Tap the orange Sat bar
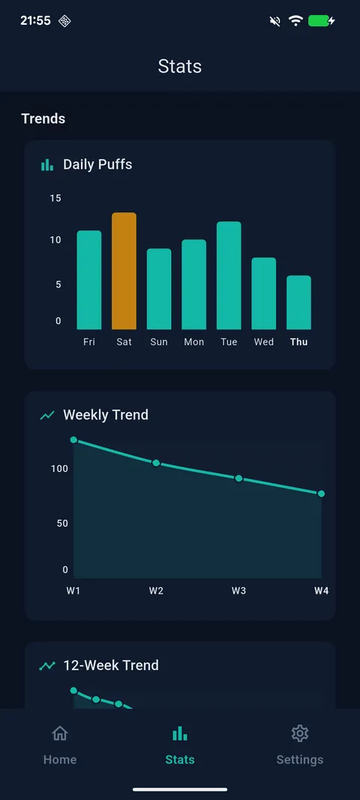(124, 271)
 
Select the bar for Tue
(229, 275)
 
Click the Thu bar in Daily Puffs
(298, 302)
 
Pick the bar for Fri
(89, 280)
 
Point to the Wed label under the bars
(264, 342)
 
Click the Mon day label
(193, 342)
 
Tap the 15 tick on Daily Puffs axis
(55, 198)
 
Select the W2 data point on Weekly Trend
(156, 463)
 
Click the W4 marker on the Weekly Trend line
(321, 493)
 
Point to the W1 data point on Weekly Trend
(73, 440)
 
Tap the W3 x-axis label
(238, 591)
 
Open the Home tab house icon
(59, 733)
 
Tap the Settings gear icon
(300, 733)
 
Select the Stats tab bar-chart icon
(180, 733)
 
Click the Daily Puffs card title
(97, 164)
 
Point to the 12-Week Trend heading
(111, 665)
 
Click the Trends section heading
(43, 119)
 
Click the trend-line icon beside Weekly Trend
(47, 415)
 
